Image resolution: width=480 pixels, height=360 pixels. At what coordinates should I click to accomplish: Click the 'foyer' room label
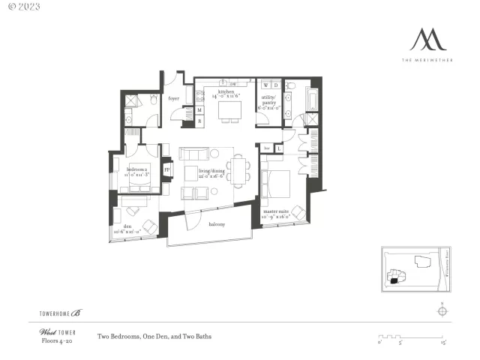[x=173, y=98]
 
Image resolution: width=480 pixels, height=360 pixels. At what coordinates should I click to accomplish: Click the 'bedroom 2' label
[x=137, y=170]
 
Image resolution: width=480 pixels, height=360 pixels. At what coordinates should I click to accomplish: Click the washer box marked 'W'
[x=265, y=85]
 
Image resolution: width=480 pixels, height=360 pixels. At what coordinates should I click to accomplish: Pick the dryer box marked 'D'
[x=275, y=85]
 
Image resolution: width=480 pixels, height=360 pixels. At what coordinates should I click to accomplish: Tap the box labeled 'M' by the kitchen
[x=199, y=110]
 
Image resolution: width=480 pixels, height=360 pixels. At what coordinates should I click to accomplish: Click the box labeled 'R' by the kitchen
[x=199, y=120]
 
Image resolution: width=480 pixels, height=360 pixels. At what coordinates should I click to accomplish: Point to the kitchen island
[x=229, y=111]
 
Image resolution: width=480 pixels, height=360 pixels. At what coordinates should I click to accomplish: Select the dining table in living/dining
[x=238, y=170]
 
